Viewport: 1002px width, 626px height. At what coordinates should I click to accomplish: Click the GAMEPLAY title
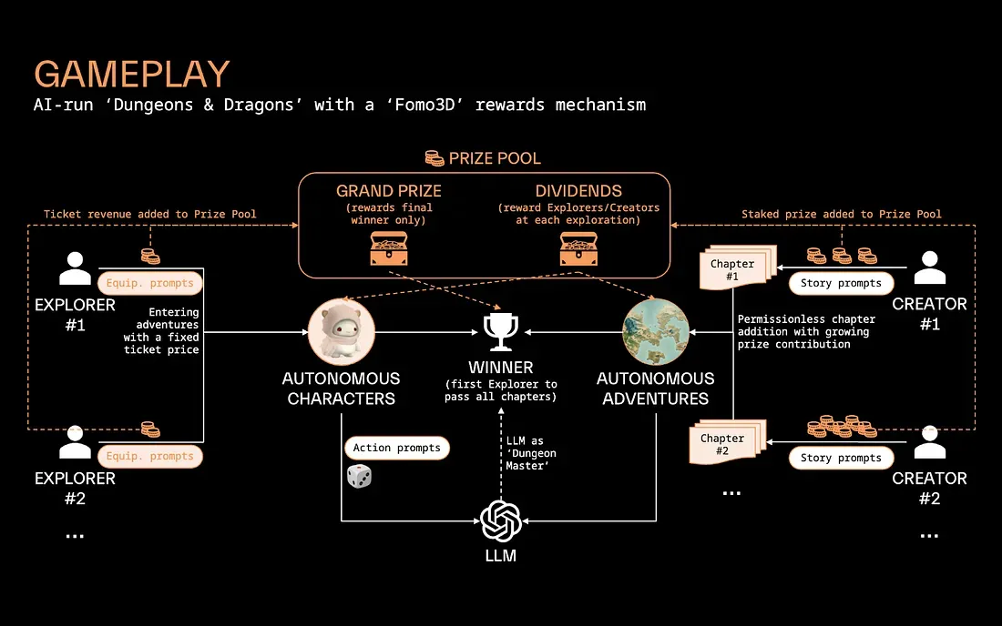pos(132,74)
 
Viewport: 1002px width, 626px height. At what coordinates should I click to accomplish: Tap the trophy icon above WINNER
pos(501,332)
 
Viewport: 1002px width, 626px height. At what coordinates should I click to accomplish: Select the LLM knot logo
pos(500,520)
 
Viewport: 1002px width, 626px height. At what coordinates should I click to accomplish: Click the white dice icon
pos(359,476)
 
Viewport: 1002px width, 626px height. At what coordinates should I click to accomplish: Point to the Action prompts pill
pos(396,448)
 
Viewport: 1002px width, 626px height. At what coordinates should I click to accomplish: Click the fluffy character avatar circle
pos(342,332)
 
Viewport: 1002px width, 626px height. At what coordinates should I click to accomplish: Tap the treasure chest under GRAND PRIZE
pos(389,247)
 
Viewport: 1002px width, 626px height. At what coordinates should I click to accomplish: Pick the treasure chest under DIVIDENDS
pos(578,247)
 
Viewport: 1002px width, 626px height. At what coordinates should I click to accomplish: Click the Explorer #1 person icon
pos(75,269)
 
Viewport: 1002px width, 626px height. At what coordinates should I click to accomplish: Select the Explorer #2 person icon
pos(75,443)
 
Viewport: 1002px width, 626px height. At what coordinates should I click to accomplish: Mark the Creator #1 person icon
pos(929,269)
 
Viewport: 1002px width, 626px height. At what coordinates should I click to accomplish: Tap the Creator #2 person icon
pos(929,443)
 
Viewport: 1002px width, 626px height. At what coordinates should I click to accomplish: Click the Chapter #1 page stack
pos(735,270)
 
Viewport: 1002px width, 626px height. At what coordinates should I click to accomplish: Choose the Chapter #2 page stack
pos(725,445)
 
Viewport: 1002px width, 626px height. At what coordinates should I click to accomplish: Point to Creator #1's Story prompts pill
pos(841,283)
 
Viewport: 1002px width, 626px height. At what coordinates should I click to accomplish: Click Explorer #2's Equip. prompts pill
pos(150,457)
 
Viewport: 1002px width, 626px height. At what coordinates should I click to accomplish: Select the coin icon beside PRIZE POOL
pos(435,158)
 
